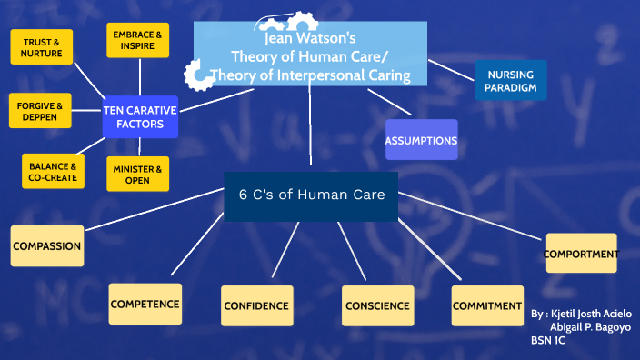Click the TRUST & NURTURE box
pyautogui.click(x=42, y=47)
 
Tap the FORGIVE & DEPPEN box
pyautogui.click(x=39, y=112)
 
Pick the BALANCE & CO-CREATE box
pyautogui.click(x=53, y=171)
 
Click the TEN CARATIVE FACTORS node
pyautogui.click(x=140, y=116)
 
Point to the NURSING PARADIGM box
pyautogui.click(x=511, y=81)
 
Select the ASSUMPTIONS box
pyautogui.click(x=421, y=141)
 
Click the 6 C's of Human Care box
pyautogui.click(x=312, y=195)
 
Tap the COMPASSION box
pyautogui.click(x=46, y=245)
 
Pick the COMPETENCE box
pyautogui.click(x=145, y=304)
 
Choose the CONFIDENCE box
pyautogui.click(x=257, y=306)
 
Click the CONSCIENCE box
pyautogui.click(x=377, y=306)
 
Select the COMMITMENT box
pyautogui.click(x=487, y=305)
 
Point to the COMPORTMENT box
pyautogui.click(x=581, y=254)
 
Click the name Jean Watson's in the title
pyautogui.click(x=309, y=41)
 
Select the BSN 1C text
pyautogui.click(x=547, y=340)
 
